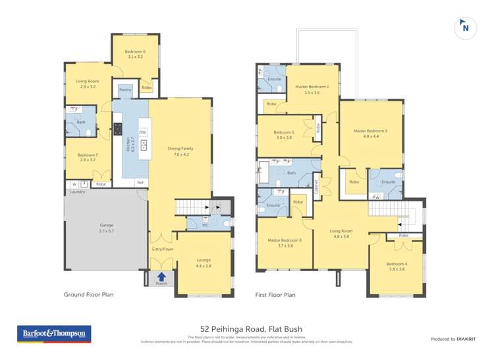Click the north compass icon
(465, 27)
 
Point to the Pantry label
(125, 90)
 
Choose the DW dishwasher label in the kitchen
(142, 132)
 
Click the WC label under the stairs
(206, 224)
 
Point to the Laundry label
(78, 192)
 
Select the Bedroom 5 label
(284, 135)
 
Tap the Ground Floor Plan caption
(88, 295)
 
